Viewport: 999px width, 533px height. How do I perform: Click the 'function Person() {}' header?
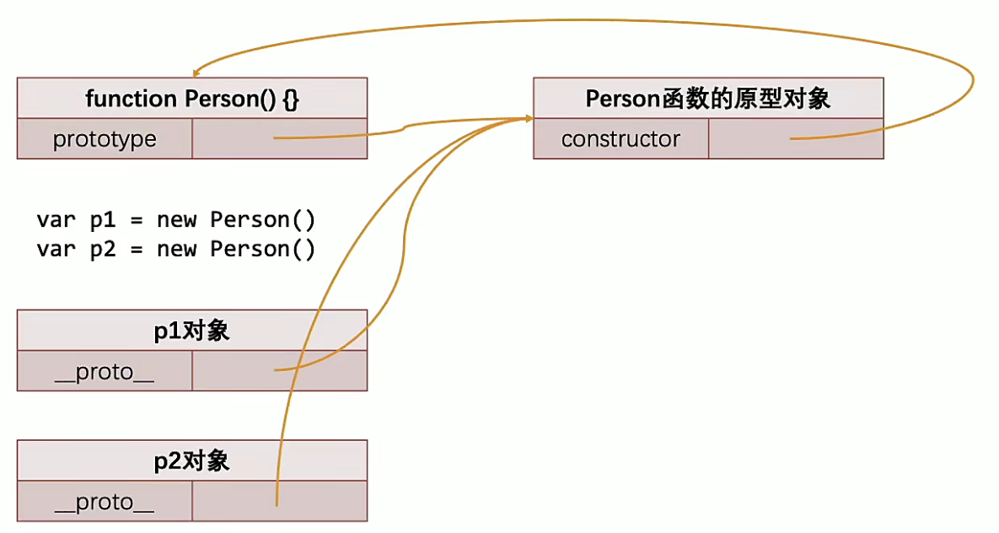click(x=192, y=99)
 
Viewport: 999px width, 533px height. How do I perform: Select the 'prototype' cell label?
click(x=105, y=139)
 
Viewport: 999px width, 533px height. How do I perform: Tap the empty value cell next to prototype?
click(x=280, y=138)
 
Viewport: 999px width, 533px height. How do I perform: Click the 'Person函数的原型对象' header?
click(x=708, y=99)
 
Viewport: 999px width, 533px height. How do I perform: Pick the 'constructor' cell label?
click(x=620, y=139)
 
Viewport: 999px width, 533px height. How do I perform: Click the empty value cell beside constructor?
click(x=796, y=139)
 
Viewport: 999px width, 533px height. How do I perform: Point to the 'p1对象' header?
click(x=192, y=331)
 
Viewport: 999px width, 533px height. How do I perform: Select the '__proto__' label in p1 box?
click(x=105, y=372)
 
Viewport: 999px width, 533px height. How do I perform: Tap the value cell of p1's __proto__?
click(x=280, y=371)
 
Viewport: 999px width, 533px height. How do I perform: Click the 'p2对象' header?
click(x=192, y=460)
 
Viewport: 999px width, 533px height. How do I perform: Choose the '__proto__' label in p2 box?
click(x=105, y=503)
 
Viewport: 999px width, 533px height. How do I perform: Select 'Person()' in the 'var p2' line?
click(x=262, y=250)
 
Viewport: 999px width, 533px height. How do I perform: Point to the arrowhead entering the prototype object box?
click(x=528, y=119)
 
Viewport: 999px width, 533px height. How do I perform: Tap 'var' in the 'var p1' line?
click(x=55, y=220)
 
